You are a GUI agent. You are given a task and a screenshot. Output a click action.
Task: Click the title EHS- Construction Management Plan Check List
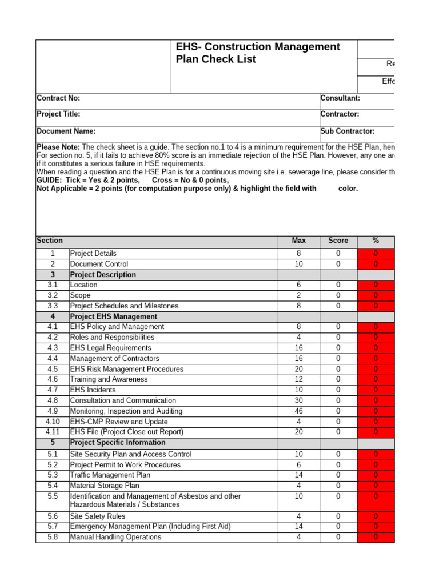257,53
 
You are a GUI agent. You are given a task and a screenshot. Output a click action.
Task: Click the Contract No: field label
58,98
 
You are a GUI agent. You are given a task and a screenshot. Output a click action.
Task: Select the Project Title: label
58,114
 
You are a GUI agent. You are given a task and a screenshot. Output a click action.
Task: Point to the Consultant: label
340,98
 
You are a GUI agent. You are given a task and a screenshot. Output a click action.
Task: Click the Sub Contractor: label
348,131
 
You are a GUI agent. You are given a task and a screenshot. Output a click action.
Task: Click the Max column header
298,241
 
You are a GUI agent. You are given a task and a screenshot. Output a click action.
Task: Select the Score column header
338,241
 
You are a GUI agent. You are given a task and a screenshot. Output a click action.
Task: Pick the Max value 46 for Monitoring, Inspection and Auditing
298,411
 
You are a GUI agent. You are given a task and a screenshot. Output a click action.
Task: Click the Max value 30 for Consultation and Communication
298,400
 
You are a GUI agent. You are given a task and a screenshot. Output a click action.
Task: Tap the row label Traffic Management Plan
110,475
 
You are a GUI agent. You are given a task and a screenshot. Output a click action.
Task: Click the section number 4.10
53,422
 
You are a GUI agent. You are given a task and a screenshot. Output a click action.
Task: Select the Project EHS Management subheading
114,316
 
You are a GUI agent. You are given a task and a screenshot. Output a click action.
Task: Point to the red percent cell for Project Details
376,253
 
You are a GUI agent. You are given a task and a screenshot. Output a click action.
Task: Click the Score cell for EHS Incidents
338,390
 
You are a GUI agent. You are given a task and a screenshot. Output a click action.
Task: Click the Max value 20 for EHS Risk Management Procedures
298,369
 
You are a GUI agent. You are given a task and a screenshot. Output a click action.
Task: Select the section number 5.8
53,537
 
